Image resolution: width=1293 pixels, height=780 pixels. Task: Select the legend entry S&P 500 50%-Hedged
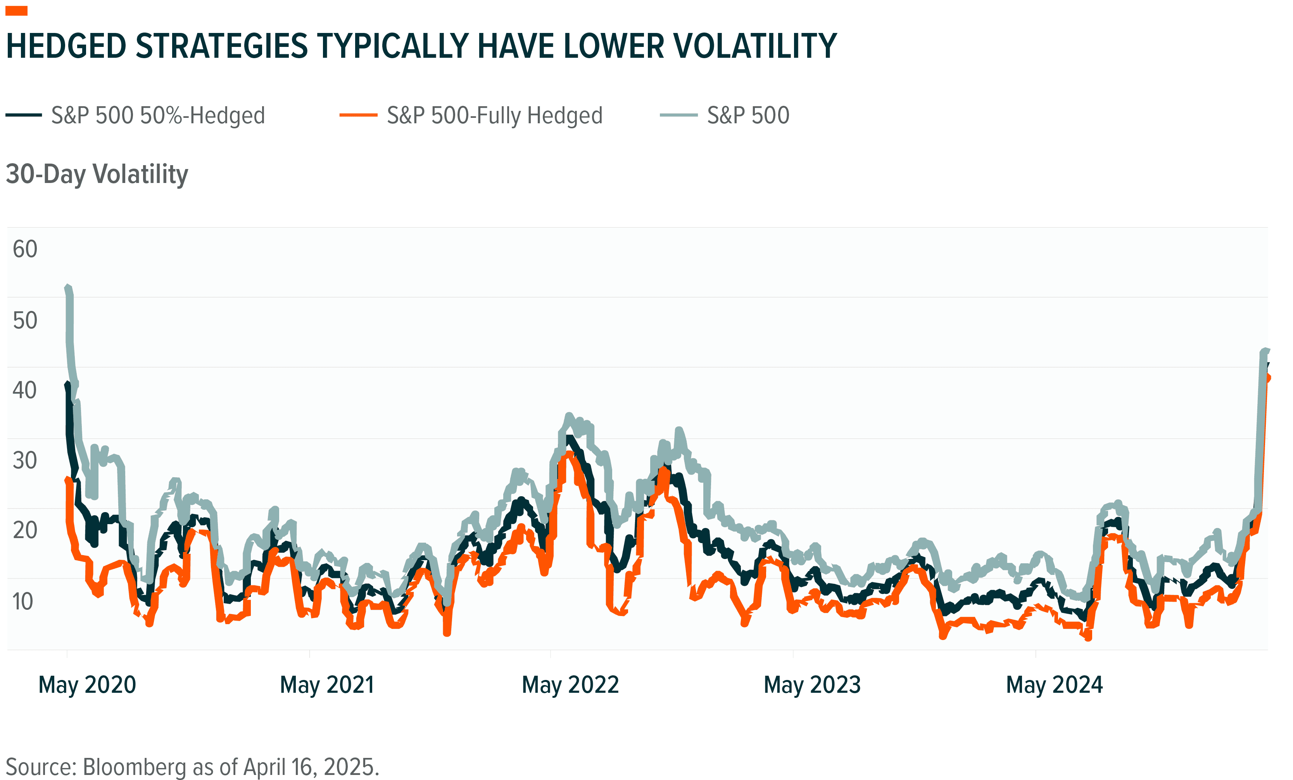(157, 116)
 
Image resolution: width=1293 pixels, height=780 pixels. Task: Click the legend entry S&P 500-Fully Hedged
(494, 116)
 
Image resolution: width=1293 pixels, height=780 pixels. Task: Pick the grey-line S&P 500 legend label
(748, 116)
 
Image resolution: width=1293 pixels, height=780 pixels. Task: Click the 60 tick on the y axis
(25, 249)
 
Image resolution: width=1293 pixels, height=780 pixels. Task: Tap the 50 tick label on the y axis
(25, 321)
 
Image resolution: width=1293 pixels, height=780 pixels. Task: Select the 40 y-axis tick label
(25, 390)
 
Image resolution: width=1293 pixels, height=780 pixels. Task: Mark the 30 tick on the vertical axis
(25, 461)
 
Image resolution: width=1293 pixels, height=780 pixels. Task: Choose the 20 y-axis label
(25, 530)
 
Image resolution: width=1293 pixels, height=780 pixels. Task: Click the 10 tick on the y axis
(22, 601)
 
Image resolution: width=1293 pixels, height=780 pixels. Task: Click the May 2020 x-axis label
(87, 685)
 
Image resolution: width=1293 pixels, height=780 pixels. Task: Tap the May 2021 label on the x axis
(327, 685)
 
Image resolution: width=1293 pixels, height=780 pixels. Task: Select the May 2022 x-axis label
(570, 685)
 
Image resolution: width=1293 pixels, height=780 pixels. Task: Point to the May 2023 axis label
(812, 685)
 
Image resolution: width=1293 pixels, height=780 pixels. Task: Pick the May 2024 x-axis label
(1055, 685)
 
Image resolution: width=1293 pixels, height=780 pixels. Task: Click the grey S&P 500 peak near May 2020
(68, 288)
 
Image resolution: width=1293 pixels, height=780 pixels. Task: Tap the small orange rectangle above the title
(16, 11)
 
